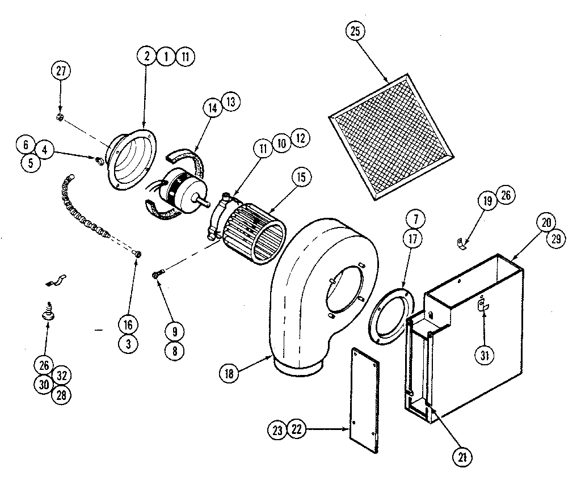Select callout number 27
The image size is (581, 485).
60,71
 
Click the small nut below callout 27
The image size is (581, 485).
60,117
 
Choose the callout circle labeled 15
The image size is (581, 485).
300,177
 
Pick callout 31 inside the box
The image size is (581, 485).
483,356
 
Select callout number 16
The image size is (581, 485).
129,324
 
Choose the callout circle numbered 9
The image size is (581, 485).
174,330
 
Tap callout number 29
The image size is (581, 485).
555,238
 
